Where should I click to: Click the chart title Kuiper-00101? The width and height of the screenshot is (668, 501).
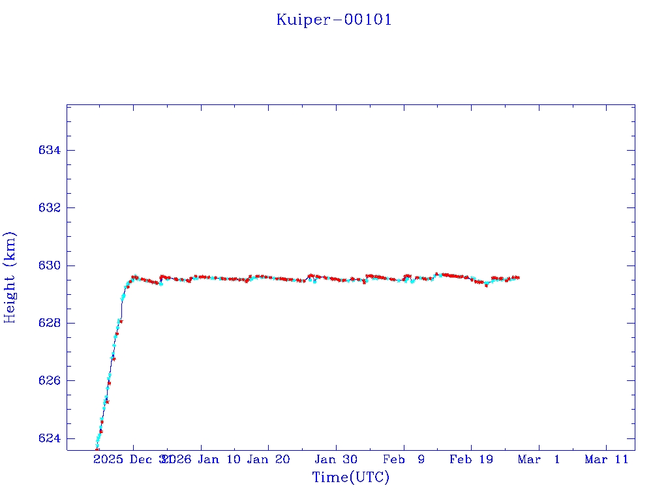click(x=334, y=20)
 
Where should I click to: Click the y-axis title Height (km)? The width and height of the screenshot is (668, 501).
click(x=10, y=277)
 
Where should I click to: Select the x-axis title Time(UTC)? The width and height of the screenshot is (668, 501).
click(x=351, y=478)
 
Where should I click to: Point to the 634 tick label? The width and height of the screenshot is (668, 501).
click(x=50, y=150)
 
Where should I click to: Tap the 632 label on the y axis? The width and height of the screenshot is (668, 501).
click(x=50, y=207)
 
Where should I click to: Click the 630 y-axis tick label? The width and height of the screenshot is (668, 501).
click(x=50, y=266)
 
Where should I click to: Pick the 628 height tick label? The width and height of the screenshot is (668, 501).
click(x=50, y=323)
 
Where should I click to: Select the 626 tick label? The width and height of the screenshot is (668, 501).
click(x=50, y=380)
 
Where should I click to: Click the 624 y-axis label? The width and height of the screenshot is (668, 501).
click(x=50, y=438)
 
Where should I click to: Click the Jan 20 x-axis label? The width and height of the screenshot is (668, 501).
click(x=268, y=459)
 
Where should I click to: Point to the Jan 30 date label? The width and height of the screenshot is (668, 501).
click(x=336, y=459)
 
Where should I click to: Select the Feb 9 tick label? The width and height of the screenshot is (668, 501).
click(x=404, y=459)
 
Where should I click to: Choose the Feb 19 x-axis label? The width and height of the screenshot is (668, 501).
click(x=471, y=459)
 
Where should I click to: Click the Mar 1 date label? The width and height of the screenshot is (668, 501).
click(x=539, y=459)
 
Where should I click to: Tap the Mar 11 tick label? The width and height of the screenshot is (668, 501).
click(x=607, y=459)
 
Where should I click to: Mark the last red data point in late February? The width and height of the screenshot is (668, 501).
click(x=518, y=278)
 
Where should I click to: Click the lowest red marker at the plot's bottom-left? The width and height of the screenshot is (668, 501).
click(x=97, y=449)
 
